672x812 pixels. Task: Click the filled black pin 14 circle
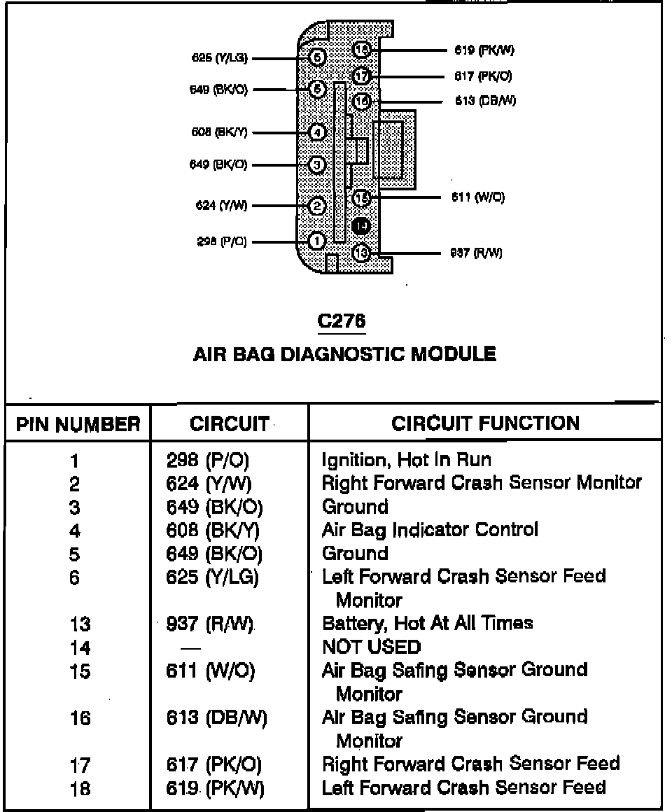pyautogui.click(x=361, y=225)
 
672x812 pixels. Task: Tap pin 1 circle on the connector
pyautogui.click(x=317, y=241)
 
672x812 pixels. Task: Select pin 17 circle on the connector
pyautogui.click(x=361, y=76)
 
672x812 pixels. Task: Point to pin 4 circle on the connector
pyautogui.click(x=317, y=132)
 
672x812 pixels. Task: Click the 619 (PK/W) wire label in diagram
pyautogui.click(x=484, y=50)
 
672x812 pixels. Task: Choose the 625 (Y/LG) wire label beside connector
pyautogui.click(x=220, y=58)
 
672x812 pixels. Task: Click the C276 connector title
pyautogui.click(x=342, y=321)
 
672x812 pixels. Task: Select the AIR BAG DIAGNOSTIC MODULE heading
pyautogui.click(x=344, y=354)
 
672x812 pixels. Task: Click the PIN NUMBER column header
pyautogui.click(x=78, y=424)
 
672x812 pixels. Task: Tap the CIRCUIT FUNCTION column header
pyautogui.click(x=485, y=423)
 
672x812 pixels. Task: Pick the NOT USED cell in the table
pyautogui.click(x=372, y=647)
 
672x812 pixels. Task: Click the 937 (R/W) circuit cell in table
pyautogui.click(x=209, y=623)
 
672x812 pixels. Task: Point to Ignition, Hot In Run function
pyautogui.click(x=406, y=460)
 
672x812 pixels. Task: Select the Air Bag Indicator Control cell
pyautogui.click(x=430, y=529)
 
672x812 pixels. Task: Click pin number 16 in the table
pyautogui.click(x=80, y=718)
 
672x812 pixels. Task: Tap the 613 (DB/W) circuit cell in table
pyautogui.click(x=216, y=718)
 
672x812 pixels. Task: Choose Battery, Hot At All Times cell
pyautogui.click(x=427, y=623)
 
